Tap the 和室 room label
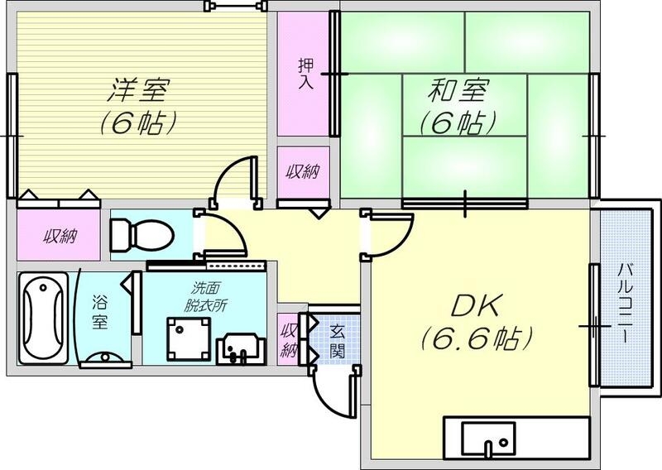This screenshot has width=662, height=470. point(458,89)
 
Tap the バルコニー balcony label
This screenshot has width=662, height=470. point(626,305)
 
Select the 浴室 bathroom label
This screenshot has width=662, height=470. point(99,313)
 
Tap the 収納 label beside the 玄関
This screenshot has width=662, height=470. point(289,339)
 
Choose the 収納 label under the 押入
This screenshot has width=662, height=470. point(303,172)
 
